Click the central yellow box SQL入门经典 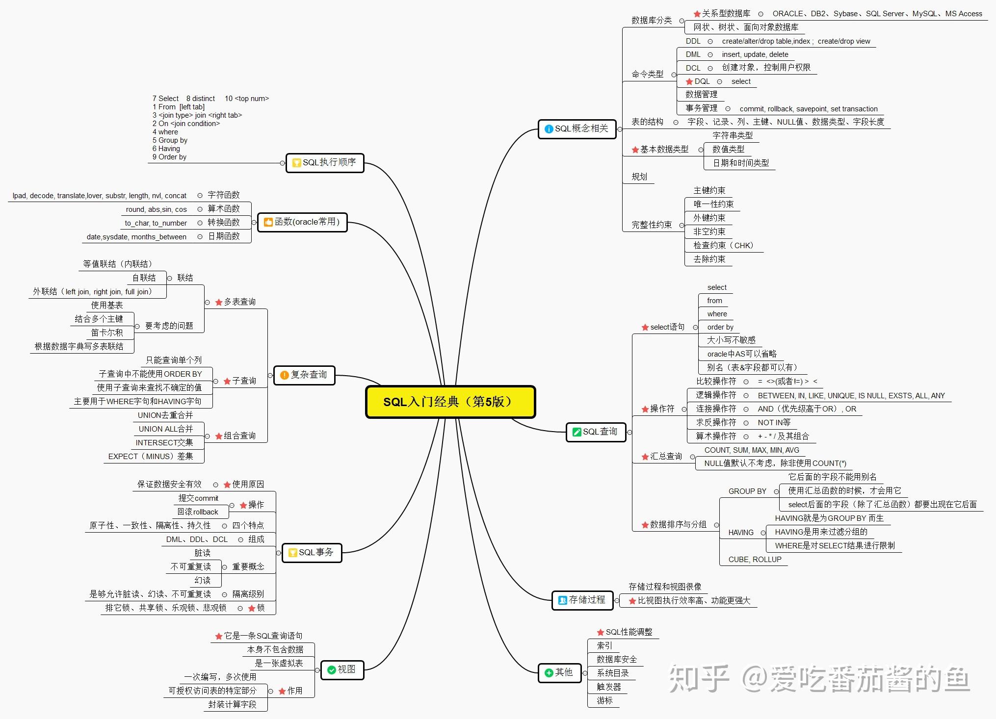point(450,402)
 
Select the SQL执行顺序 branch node point(325,162)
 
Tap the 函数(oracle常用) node point(302,222)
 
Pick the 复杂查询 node point(304,375)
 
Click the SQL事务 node point(312,553)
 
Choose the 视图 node point(342,669)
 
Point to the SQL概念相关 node point(577,128)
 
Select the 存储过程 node point(582,600)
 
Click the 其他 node point(559,672)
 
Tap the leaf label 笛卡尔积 point(107,333)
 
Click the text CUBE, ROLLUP point(755,560)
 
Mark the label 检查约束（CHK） point(723,245)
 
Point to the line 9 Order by point(169,157)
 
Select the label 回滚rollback point(198,512)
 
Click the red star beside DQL point(689,82)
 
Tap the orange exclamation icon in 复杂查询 point(284,375)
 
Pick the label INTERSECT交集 point(164,443)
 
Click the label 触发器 point(608,687)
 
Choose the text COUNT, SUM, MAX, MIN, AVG point(751,450)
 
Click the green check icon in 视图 point(331,670)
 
